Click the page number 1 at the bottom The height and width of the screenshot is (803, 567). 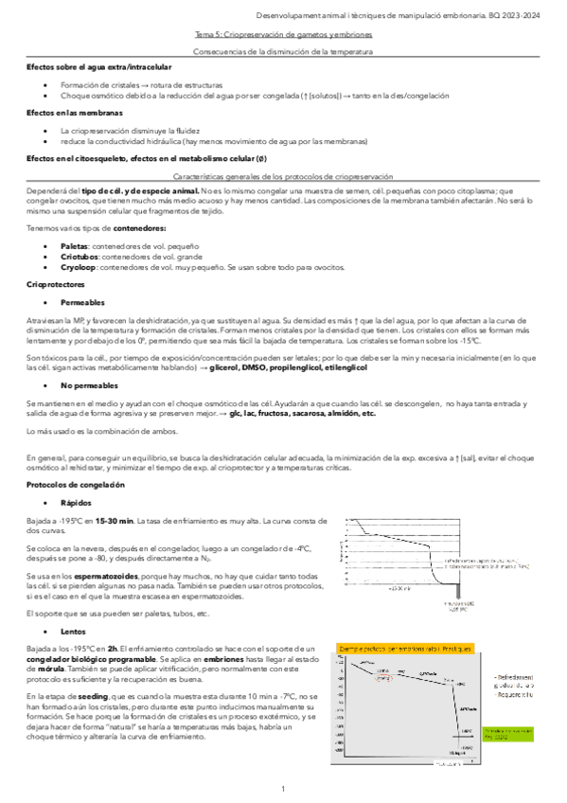tap(283, 789)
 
